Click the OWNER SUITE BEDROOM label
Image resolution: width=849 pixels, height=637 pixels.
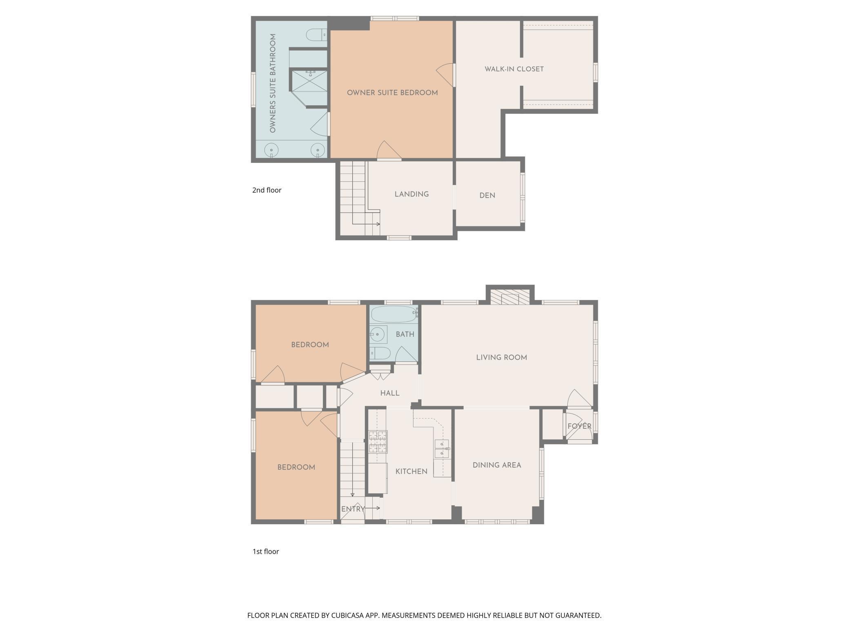(x=392, y=93)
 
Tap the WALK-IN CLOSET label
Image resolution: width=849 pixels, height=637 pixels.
(x=514, y=69)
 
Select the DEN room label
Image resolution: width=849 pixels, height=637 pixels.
(x=487, y=196)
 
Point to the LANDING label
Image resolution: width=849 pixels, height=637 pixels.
(x=411, y=194)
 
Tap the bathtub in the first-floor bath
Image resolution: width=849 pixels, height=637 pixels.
(x=393, y=314)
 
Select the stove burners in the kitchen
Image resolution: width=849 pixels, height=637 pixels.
(x=378, y=442)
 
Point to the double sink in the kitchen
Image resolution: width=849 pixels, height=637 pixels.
(x=442, y=449)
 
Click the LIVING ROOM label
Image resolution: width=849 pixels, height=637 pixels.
(x=501, y=358)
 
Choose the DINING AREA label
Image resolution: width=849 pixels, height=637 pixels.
(x=497, y=465)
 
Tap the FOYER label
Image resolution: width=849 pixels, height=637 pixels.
(x=579, y=426)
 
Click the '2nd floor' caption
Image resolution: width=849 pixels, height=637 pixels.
(x=267, y=190)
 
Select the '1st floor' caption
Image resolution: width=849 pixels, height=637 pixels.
(x=265, y=551)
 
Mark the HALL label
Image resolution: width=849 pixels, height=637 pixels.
(x=390, y=393)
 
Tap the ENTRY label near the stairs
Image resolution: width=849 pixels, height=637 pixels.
(x=353, y=509)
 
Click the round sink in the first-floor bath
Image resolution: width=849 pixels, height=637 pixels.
(x=378, y=334)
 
